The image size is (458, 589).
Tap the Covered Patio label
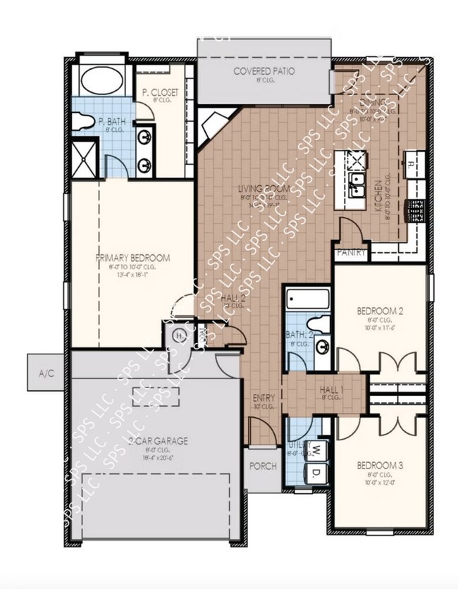(264, 71)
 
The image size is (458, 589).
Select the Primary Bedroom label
(133, 258)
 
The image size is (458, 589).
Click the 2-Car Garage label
(157, 441)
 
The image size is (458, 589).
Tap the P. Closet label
(160, 92)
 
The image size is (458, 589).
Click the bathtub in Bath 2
(308, 302)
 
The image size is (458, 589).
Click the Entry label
(264, 399)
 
